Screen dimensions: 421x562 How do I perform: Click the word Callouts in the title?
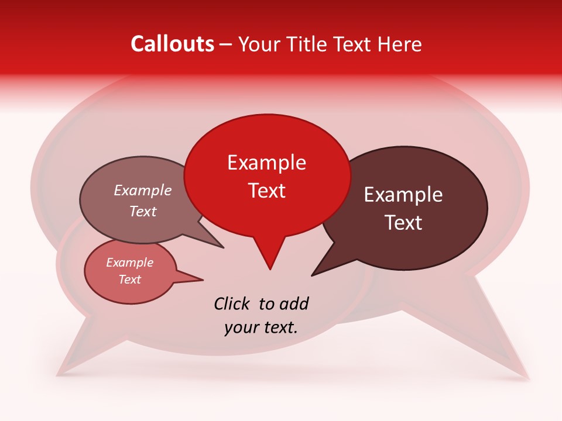coord(172,44)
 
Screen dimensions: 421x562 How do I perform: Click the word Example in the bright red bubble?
coord(266,163)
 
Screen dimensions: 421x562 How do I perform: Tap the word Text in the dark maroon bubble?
coord(404,223)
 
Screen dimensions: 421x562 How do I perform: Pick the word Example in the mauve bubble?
coord(143,190)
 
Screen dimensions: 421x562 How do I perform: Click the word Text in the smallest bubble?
coord(129,279)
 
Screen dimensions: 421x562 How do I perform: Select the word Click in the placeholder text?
coord(232,303)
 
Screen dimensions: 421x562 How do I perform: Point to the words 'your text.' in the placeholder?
coord(261,327)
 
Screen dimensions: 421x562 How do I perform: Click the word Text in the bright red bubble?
coord(267,191)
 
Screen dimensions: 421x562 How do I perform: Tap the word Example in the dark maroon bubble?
coord(403,195)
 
